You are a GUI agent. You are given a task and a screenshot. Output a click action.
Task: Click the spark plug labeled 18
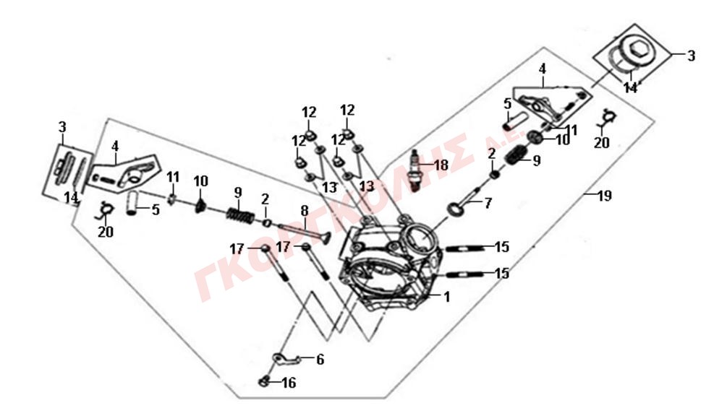[x=415, y=171]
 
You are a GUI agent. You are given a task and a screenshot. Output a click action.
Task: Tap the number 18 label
[x=441, y=165]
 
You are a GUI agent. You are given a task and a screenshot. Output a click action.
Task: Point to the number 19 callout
[x=604, y=196]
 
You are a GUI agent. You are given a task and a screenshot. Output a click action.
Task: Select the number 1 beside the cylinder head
[x=447, y=297]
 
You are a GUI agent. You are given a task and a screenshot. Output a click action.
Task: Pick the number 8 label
[x=304, y=210]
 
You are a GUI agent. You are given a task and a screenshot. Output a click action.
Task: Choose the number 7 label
[x=488, y=203]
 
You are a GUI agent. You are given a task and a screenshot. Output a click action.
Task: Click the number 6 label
[x=320, y=360]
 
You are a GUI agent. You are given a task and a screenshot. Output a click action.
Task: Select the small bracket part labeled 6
[x=286, y=359]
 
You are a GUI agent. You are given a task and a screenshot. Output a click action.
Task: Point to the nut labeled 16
[x=263, y=382]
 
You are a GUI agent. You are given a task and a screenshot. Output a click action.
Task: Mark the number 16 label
[x=289, y=383]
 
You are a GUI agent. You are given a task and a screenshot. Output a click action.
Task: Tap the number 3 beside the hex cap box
[x=692, y=56]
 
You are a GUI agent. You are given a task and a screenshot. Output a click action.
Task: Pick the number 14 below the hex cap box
[x=631, y=87]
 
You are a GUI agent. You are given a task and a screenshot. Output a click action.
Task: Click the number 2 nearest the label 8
[x=265, y=199]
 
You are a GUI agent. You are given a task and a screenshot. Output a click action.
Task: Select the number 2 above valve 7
[x=491, y=154]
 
